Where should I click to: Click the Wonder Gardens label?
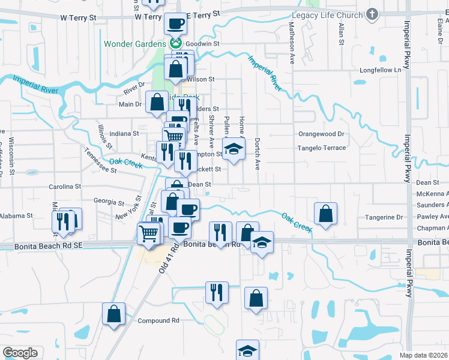pos(135,44)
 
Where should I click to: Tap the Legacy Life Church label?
pos(328,15)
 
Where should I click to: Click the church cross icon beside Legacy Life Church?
pos(372,15)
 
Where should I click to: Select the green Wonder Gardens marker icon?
pos(176,43)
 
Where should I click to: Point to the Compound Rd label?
pos(158,321)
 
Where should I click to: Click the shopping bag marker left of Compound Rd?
pos(113,314)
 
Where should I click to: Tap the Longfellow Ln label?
pos(380,70)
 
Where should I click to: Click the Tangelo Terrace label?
pos(322,148)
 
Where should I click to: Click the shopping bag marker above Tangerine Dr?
pos(325,214)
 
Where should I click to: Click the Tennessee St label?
pos(100,160)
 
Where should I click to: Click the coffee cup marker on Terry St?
pos(175,24)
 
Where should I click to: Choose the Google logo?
pos(20,353)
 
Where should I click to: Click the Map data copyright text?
pos(423,355)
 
